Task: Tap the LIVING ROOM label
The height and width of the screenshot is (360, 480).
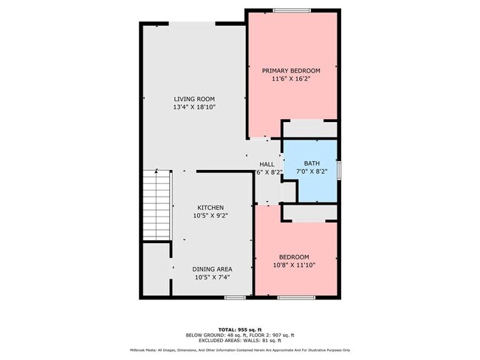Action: pyautogui.click(x=193, y=99)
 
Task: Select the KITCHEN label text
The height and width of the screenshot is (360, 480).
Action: pyautogui.click(x=210, y=208)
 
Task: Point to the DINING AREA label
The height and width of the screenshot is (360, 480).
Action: pyautogui.click(x=213, y=269)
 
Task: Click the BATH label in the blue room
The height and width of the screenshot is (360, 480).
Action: pyautogui.click(x=311, y=163)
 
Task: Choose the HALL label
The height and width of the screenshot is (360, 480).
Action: pyautogui.click(x=266, y=164)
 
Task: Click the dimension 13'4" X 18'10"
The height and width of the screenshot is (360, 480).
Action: pyautogui.click(x=193, y=107)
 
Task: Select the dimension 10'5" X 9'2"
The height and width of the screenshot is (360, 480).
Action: pyautogui.click(x=210, y=217)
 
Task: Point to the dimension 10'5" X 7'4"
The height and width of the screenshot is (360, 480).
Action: pyautogui.click(x=213, y=278)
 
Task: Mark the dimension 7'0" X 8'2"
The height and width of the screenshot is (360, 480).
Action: pyautogui.click(x=311, y=171)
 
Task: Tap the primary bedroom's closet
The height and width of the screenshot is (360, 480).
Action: pyautogui.click(x=310, y=129)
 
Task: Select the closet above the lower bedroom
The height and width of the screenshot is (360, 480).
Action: pyautogui.click(x=310, y=213)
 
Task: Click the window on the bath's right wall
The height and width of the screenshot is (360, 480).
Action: pyautogui.click(x=340, y=169)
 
